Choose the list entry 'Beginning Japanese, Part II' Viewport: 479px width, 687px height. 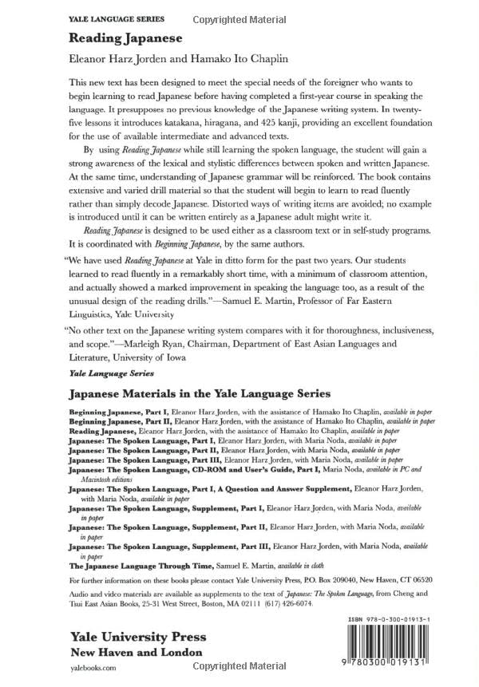113,420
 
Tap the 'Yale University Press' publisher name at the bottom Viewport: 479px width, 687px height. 137,637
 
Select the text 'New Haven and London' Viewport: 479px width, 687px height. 135,653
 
